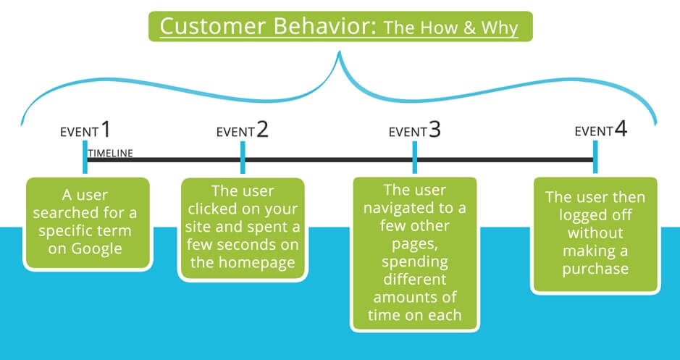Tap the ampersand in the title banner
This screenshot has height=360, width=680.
point(466,28)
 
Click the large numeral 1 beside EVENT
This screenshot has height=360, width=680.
point(106,129)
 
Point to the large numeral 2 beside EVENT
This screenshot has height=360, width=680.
point(262,129)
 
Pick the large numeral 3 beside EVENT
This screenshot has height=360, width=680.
point(435,129)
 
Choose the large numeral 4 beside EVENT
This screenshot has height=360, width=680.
point(621,129)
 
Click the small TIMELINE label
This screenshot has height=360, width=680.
point(110,153)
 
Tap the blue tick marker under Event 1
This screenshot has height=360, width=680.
point(85,157)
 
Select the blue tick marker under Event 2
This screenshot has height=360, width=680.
point(243,157)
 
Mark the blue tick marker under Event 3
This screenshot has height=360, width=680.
point(415,157)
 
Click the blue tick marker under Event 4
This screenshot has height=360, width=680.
point(595,157)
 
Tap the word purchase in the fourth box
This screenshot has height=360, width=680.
point(595,269)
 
